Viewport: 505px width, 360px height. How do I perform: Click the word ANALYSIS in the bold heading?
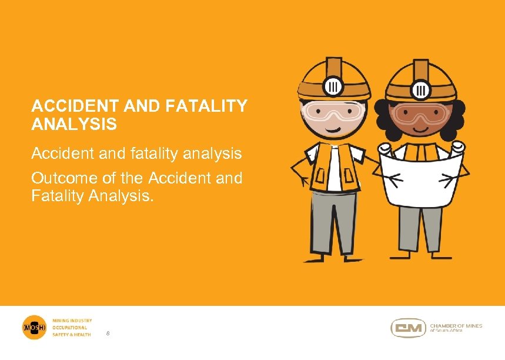(74, 125)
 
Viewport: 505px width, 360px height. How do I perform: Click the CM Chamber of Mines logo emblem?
(408, 328)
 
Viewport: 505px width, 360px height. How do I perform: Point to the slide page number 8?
(108, 334)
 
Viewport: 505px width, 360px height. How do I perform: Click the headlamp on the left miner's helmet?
(333, 86)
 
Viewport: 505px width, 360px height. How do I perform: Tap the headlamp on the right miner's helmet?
(422, 89)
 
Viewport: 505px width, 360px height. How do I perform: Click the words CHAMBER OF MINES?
(456, 325)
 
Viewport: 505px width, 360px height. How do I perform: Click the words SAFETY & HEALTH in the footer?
(72, 335)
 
